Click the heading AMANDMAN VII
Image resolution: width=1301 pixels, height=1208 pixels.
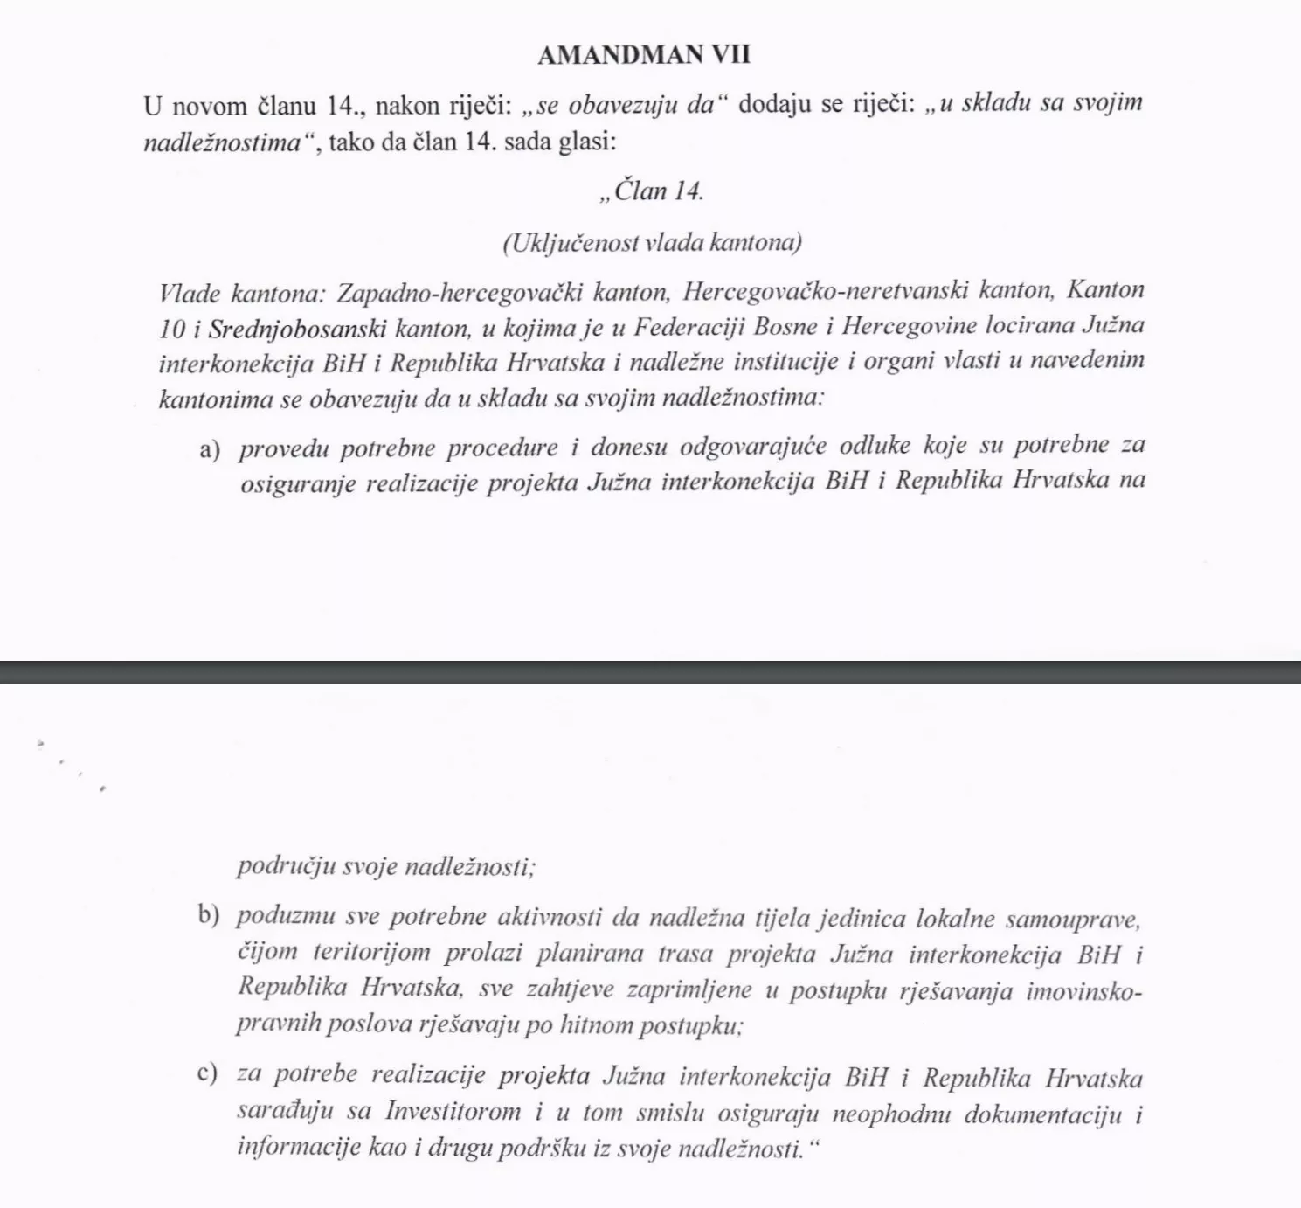[x=644, y=55]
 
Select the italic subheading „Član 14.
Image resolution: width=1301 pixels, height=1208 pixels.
[x=651, y=191]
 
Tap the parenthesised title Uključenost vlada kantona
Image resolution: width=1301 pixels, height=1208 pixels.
[x=652, y=242]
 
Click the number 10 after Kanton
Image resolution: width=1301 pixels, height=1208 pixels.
[x=172, y=327]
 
